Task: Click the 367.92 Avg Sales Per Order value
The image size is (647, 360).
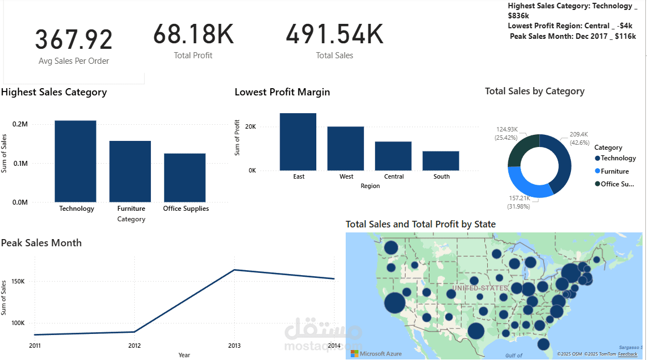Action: [74, 40]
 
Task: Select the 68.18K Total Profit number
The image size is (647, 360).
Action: [193, 34]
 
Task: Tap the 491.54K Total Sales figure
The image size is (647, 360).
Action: [334, 34]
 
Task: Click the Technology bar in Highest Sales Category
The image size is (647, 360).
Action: [75, 161]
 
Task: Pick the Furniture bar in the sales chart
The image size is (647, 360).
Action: [130, 171]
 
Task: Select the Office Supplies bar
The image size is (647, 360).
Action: [185, 178]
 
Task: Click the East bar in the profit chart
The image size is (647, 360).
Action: [298, 141]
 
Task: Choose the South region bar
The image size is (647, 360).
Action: [441, 161]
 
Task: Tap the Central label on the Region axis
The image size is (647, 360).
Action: [394, 176]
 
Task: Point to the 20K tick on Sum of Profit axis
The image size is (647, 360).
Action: [250, 126]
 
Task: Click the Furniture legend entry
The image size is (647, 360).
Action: [614, 171]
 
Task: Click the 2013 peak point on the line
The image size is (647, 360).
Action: [234, 270]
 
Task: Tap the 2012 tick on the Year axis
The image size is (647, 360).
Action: [134, 346]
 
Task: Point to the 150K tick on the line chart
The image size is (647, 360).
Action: [18, 282]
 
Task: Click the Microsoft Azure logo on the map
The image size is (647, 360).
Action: [376, 353]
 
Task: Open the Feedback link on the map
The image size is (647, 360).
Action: [628, 354]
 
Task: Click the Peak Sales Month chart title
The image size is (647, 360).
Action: [42, 243]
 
